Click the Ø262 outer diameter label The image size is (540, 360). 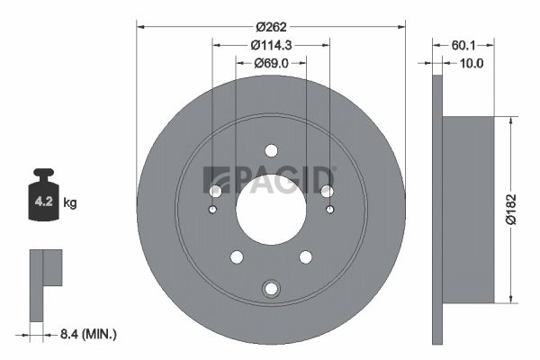click(x=272, y=27)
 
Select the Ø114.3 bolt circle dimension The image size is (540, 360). click(x=272, y=45)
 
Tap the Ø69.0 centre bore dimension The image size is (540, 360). click(x=272, y=63)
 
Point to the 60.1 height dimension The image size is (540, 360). click(x=463, y=45)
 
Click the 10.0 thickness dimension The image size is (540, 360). click(x=472, y=63)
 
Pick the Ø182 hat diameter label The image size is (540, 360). click(x=511, y=209)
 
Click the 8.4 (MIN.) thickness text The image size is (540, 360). click(x=88, y=334)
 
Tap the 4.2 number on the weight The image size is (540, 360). click(x=44, y=202)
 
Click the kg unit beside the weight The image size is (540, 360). click(x=70, y=202)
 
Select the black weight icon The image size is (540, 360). click(x=44, y=194)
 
